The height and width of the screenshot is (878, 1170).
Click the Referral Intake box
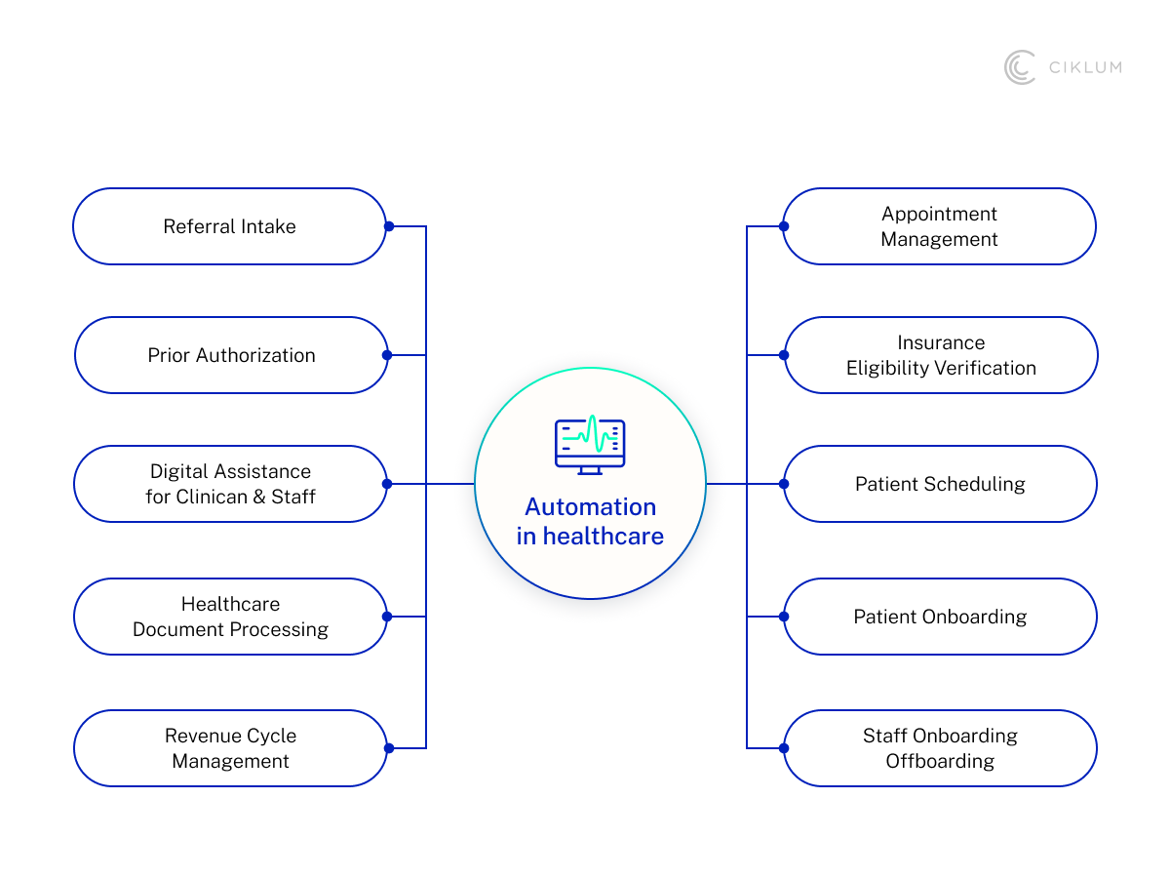(x=229, y=226)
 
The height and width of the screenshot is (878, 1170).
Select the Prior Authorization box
(x=231, y=355)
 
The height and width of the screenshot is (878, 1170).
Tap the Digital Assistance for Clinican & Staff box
(x=231, y=484)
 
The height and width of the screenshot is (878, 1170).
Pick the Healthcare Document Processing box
(x=231, y=617)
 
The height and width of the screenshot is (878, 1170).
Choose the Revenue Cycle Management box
(x=231, y=748)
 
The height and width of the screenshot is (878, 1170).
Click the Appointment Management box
(x=939, y=226)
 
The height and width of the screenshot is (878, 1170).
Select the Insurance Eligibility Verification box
(x=941, y=355)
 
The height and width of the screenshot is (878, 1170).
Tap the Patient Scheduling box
(x=940, y=484)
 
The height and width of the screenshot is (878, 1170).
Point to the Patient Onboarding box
(x=940, y=617)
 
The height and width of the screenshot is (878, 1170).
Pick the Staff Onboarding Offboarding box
(x=940, y=748)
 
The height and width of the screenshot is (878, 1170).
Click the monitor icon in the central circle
(x=590, y=446)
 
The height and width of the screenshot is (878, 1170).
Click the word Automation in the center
(x=591, y=507)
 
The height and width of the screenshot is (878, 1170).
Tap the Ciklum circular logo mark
(x=1020, y=67)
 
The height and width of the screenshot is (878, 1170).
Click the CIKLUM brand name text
(x=1085, y=67)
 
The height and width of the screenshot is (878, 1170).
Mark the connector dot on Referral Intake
(x=388, y=226)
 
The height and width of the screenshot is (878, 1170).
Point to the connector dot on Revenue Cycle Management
(x=388, y=748)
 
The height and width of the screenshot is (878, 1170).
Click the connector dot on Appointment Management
(x=784, y=226)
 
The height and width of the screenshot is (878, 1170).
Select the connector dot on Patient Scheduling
(x=784, y=484)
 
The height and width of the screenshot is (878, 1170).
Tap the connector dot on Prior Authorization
(x=387, y=355)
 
